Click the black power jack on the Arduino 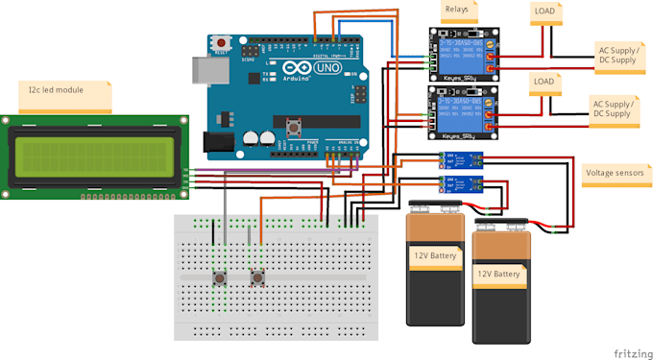pos(218,142)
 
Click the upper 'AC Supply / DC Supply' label pos(617,54)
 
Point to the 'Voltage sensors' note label pos(614,174)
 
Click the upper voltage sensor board pos(462,160)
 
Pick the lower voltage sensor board pos(462,183)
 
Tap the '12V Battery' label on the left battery pos(436,256)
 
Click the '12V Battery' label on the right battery pos(499,275)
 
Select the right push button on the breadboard pos(257,278)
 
